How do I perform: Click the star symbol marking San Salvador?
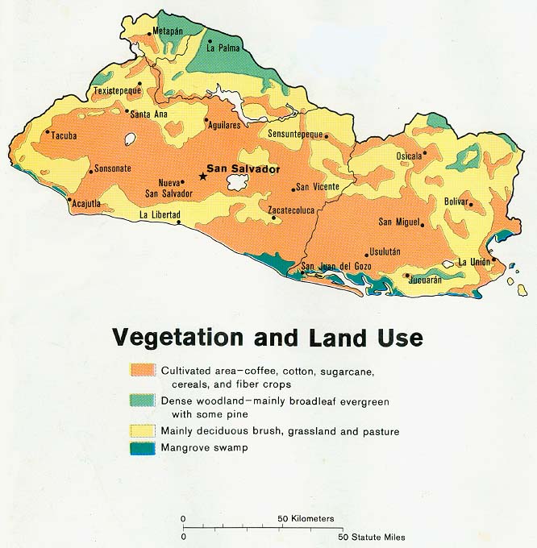pos(202,176)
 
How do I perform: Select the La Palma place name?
pos(223,48)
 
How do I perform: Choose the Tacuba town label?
pos(65,135)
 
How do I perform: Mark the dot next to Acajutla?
pos(69,200)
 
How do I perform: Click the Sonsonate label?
pos(113,169)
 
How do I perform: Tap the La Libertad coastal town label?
pos(160,215)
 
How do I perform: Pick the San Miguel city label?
pos(401,222)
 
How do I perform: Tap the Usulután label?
pos(384,252)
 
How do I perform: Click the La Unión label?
pos(474,262)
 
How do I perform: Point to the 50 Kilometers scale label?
pos(306,518)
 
